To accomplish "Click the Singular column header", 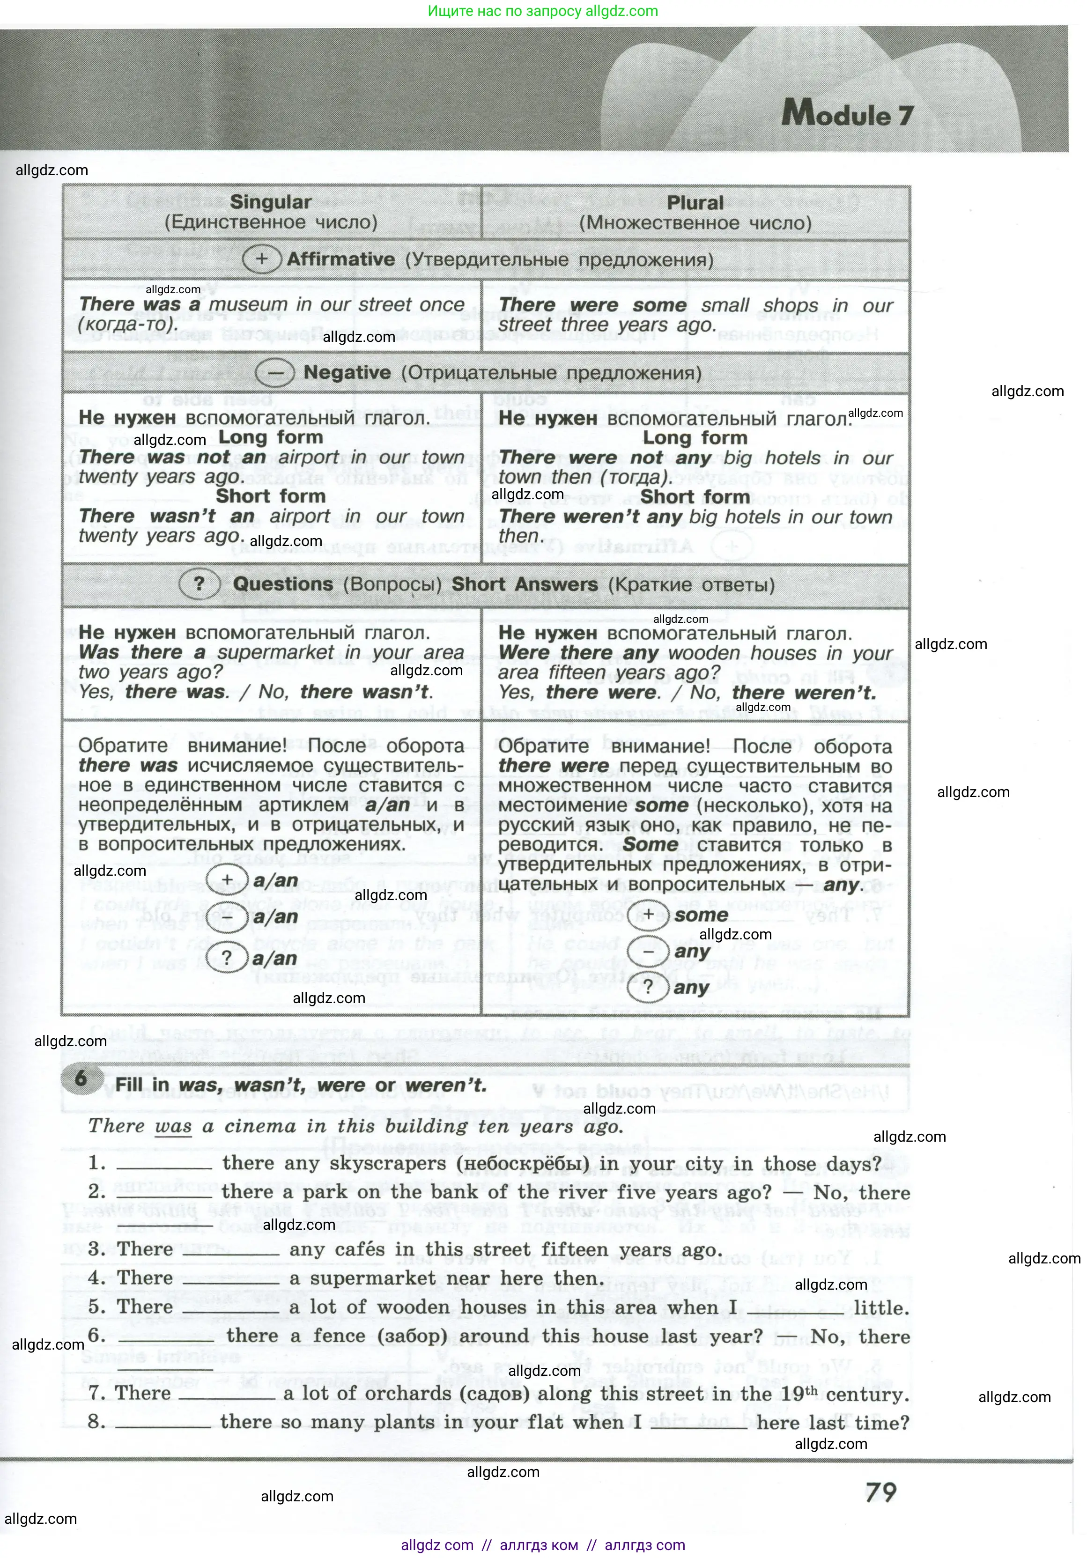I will click(x=270, y=202).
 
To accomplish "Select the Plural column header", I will click(x=695, y=203).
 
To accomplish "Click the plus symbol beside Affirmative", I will click(x=261, y=259).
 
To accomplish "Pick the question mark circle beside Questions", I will click(x=199, y=584).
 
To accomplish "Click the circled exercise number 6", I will click(x=81, y=1078).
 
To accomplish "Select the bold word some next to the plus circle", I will click(x=701, y=915).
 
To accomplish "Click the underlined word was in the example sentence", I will click(x=173, y=1126).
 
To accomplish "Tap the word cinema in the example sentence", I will click(x=260, y=1126).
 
